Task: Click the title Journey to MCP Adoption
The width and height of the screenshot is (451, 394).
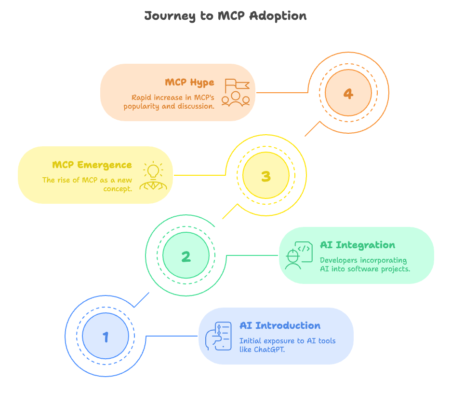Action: (x=225, y=16)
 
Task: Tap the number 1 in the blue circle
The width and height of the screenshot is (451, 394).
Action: (x=106, y=337)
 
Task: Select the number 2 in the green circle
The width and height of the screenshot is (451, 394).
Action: (x=186, y=256)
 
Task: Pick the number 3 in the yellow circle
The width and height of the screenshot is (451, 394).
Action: (x=266, y=176)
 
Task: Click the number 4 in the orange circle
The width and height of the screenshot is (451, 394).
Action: (x=348, y=93)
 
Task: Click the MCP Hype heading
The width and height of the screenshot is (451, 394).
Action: (x=189, y=83)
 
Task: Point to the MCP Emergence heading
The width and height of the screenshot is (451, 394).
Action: (x=92, y=165)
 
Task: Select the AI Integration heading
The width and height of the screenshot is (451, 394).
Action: (x=358, y=245)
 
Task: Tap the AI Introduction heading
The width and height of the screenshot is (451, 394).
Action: (x=280, y=326)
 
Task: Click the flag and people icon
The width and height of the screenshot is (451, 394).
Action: (x=236, y=92)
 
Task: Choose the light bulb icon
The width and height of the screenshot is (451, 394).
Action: (x=153, y=175)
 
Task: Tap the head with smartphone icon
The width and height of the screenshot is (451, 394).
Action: (x=218, y=336)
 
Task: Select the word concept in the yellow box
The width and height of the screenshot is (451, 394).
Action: (x=118, y=189)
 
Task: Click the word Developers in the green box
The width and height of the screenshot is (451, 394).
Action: (x=339, y=260)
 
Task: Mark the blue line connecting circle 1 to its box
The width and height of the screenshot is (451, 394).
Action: (x=171, y=336)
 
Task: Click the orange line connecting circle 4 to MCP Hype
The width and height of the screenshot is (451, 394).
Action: (x=282, y=92)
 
